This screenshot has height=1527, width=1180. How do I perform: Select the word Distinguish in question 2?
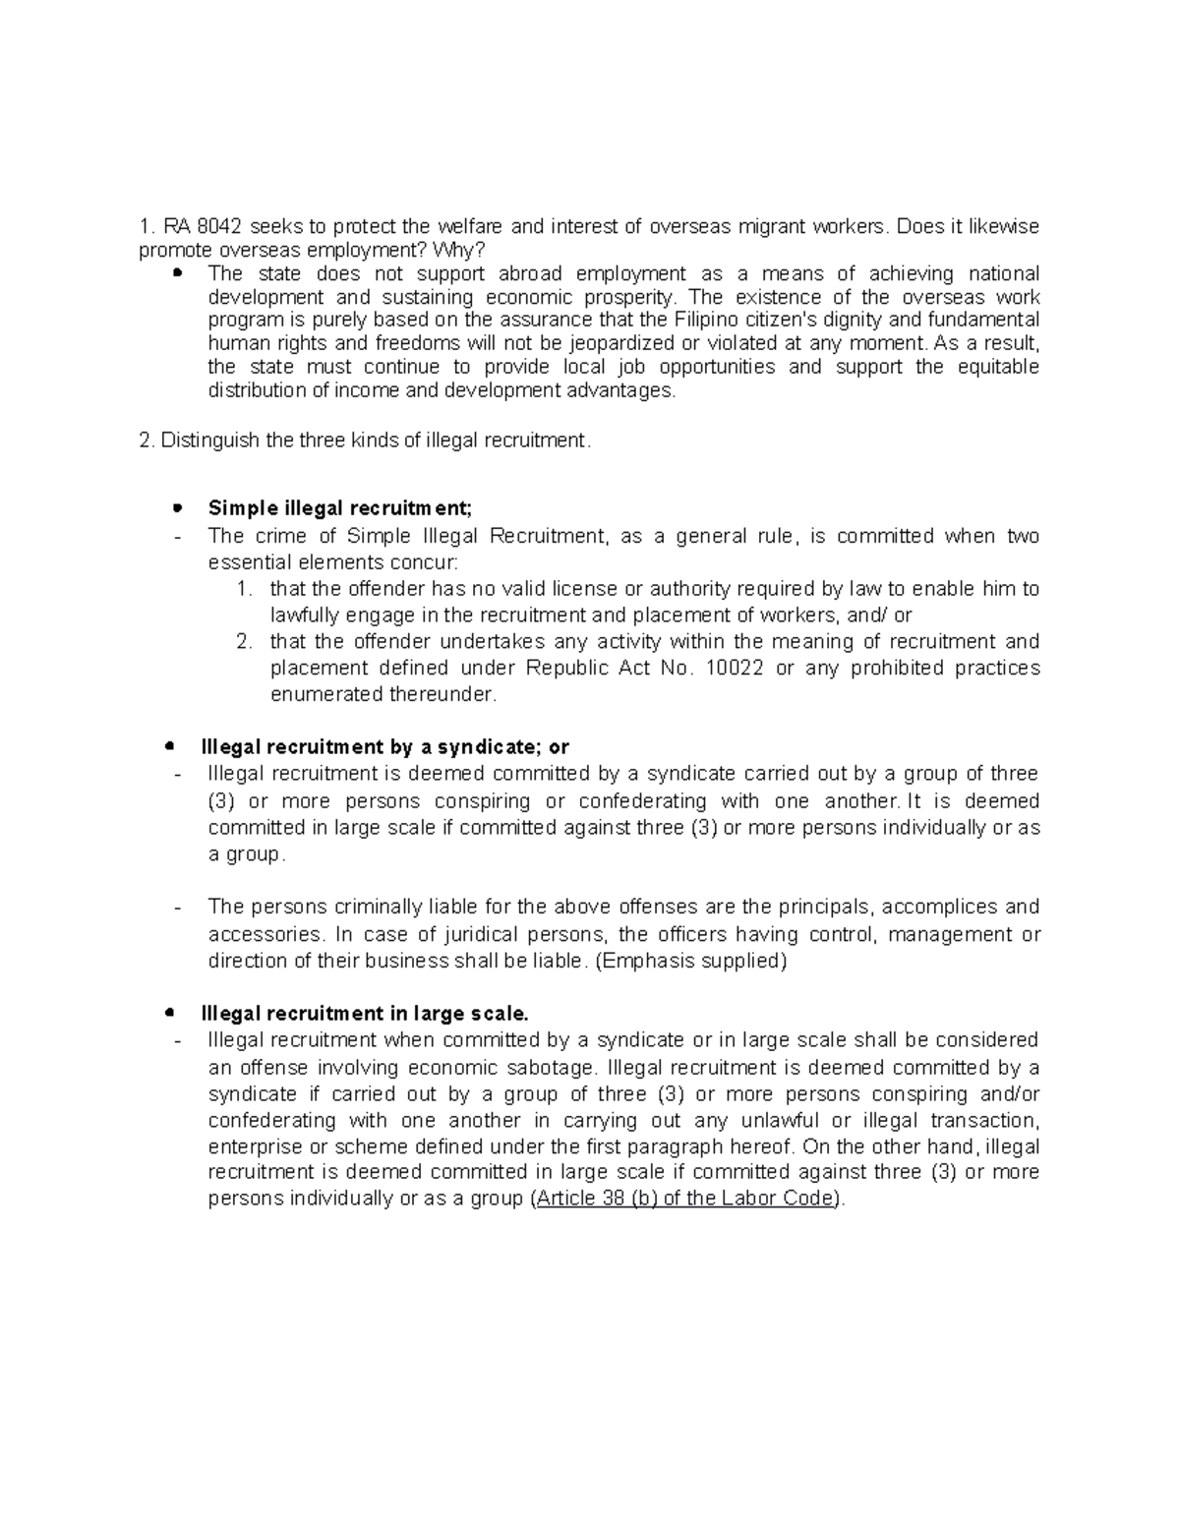[209, 440]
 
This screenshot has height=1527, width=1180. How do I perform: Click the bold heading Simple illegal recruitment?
[340, 508]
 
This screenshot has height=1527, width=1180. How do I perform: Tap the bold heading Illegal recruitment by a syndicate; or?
[384, 747]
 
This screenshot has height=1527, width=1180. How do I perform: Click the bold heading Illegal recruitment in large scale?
[365, 1014]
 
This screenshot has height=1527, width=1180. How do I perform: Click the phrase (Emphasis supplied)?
[692, 961]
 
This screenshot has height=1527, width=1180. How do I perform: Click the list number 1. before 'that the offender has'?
[245, 590]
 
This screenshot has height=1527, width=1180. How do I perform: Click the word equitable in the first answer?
[998, 367]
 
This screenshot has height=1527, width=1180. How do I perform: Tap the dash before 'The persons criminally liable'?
[176, 907]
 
